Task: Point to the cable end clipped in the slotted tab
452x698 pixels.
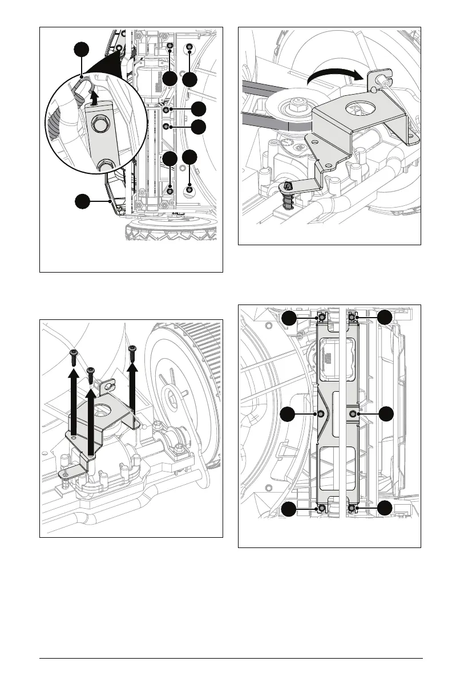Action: pyautogui.click(x=382, y=80)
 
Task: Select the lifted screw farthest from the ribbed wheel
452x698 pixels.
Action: pyautogui.click(x=73, y=356)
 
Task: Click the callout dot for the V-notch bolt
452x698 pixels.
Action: pyautogui.click(x=290, y=413)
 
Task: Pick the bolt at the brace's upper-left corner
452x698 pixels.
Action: pyautogui.click(x=322, y=317)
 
